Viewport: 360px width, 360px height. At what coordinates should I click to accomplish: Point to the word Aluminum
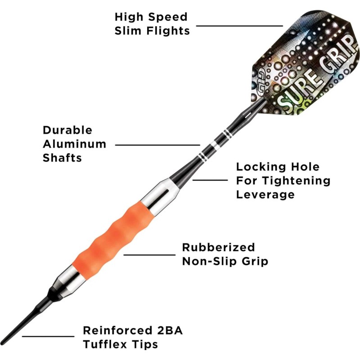coord(75,144)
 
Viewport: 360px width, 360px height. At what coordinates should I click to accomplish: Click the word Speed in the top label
coord(168,17)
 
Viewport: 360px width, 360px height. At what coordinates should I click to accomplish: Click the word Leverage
coord(265,194)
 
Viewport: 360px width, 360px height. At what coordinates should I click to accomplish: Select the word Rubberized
coord(218,247)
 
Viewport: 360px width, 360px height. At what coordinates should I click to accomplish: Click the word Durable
coord(67,130)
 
